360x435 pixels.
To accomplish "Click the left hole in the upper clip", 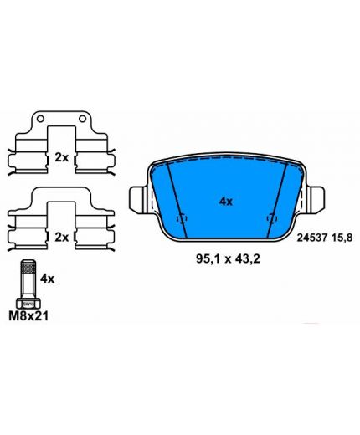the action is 40,119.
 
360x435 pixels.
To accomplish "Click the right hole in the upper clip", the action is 82,119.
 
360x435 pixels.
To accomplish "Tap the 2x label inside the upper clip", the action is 61,158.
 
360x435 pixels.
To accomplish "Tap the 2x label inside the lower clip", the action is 61,238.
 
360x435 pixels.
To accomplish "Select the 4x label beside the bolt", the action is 48,279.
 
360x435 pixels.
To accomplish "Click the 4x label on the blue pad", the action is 226,201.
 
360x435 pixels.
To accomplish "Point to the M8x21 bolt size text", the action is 28,316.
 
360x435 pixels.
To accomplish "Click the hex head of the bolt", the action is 28,304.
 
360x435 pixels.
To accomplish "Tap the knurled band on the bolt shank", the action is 28,269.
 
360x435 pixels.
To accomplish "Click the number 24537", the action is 312,238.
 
